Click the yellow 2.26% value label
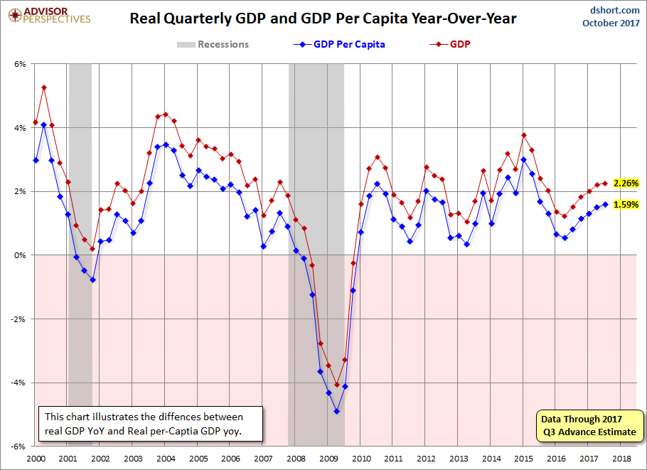626,183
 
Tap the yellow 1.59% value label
626,204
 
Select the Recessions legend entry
213,44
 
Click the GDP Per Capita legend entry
339,44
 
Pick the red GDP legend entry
450,44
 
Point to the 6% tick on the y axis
20,64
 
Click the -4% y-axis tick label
18,383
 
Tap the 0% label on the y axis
20,255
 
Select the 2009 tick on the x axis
328,459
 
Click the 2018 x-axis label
621,459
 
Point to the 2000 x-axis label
36,459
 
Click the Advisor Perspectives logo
49,15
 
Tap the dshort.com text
614,10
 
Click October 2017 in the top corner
611,23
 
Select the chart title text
323,18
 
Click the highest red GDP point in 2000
44,87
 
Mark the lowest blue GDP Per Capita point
337,412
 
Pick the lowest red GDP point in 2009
337,385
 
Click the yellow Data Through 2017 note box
589,426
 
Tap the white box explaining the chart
151,424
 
